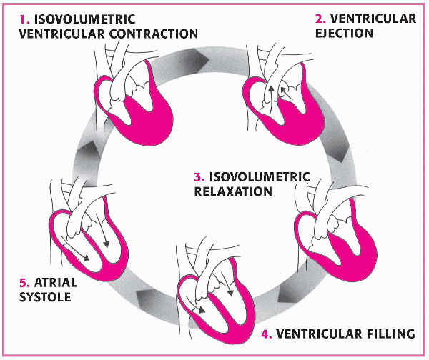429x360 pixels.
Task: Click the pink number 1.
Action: point(24,19)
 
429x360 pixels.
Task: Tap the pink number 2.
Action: point(320,19)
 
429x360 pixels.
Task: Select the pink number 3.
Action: point(199,177)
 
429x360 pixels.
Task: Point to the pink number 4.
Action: point(267,334)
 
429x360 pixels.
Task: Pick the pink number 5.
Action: point(24,282)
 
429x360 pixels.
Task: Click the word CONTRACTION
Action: point(154,34)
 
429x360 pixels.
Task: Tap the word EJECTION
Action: point(344,33)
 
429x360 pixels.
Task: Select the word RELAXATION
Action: point(233,191)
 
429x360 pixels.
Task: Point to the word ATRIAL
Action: point(55,282)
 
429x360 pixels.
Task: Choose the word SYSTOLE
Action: point(45,297)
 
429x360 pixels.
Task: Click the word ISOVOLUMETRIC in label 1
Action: point(85,19)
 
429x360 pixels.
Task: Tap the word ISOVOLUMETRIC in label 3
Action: point(260,177)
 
